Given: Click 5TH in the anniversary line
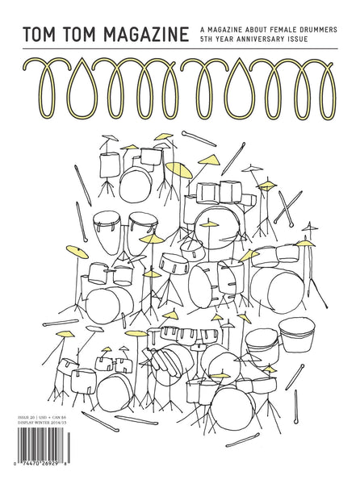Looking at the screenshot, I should coord(207,40).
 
